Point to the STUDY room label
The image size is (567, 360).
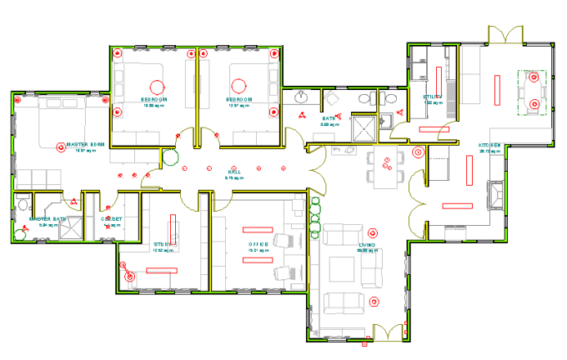pos(162,244)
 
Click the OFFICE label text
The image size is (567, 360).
pos(257,244)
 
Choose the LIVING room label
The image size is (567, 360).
pos(367,245)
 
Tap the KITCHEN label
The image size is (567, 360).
pos(489,146)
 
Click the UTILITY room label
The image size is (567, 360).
pos(432,97)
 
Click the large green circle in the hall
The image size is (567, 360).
pos(170,157)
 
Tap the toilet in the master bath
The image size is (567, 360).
pos(23,204)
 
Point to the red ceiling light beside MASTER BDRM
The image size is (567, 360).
pos(60,147)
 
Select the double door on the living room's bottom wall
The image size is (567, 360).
pos(386,332)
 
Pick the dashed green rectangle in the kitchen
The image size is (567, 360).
pos(532,91)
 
